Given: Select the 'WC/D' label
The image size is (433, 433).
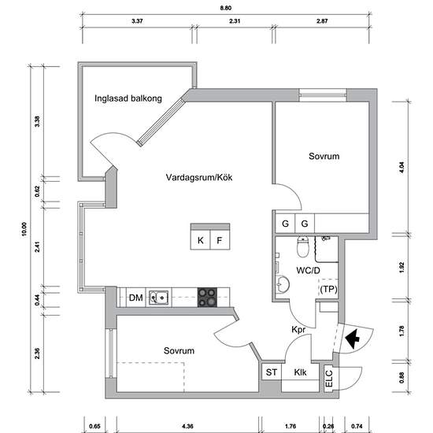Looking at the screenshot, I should point(308,271).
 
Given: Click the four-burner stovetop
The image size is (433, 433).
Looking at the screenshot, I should point(208,298).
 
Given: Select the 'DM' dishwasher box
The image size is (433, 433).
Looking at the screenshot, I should point(135,298).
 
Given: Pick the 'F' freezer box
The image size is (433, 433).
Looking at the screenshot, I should point(220,240).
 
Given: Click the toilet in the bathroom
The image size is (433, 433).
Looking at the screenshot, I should point(303,250).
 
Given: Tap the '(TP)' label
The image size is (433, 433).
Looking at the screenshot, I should point(329,290).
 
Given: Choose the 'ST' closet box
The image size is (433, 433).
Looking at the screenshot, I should point(272,372).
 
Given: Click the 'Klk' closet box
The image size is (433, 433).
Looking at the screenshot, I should point(300,372).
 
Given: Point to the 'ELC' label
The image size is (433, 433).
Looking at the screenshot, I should point(328,379).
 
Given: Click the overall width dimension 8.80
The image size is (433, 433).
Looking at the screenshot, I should point(225,8).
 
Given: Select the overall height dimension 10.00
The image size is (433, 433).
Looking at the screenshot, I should point(24,228).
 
